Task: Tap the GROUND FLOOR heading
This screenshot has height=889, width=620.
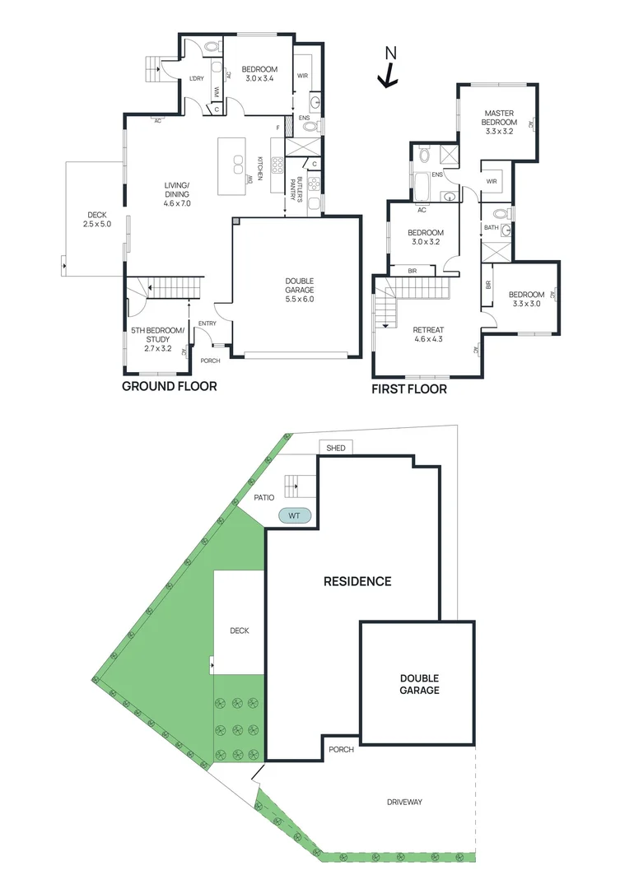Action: click(x=170, y=386)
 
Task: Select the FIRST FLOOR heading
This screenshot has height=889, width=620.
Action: click(x=409, y=389)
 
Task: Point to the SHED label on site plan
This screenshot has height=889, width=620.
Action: click(x=335, y=448)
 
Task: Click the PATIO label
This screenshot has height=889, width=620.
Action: click(x=263, y=497)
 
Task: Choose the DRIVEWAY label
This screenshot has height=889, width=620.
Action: click(x=404, y=802)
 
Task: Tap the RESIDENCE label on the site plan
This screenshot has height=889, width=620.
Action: click(x=357, y=581)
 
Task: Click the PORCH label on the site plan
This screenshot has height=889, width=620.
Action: click(x=341, y=750)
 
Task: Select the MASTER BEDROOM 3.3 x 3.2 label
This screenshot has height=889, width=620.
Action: click(x=500, y=122)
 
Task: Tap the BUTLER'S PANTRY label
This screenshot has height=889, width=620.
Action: click(x=291, y=188)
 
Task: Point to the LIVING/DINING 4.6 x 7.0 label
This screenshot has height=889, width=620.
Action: click(x=176, y=193)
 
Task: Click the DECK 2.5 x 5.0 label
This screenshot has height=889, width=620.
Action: click(x=96, y=220)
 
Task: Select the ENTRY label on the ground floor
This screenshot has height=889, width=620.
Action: click(x=206, y=323)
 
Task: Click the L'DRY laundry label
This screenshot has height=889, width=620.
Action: click(x=196, y=79)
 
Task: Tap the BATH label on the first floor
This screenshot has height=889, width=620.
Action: click(x=492, y=228)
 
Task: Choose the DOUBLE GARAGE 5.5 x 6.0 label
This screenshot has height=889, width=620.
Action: click(x=300, y=290)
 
